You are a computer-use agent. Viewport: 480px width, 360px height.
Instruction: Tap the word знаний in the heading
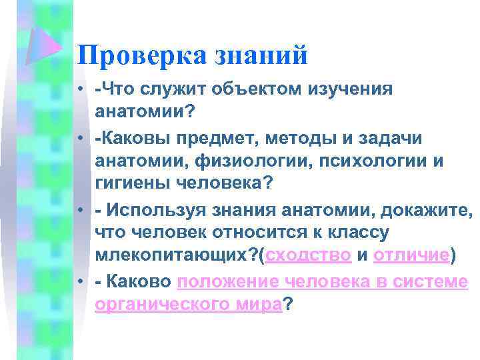tap(261, 55)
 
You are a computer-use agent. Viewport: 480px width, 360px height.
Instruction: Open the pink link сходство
tap(309, 255)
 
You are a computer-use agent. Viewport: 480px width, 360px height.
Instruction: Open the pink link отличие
tap(411, 255)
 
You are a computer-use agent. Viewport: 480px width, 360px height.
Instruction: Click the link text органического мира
tap(189, 304)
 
